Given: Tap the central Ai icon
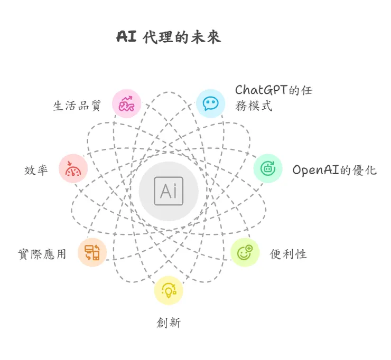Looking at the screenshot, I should coord(169,191).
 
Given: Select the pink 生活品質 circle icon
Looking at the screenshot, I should coord(127,103).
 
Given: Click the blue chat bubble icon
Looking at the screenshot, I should coord(210,102).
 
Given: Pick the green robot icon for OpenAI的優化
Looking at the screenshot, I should coord(268,168).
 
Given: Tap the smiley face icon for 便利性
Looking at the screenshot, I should coord(245,252).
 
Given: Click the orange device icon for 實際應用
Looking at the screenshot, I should coord(92,252).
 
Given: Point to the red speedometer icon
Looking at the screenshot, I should coord(73,168).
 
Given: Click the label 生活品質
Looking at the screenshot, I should coord(77,105).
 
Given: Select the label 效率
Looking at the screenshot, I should coord(36,170).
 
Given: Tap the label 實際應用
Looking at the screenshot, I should coord(42,254).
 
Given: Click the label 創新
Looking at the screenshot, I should coord(169,323).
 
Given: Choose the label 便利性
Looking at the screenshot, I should coord(288,254).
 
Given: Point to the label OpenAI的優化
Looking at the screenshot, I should coord(334,170).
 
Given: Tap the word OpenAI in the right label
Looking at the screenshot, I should coord(314,170).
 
